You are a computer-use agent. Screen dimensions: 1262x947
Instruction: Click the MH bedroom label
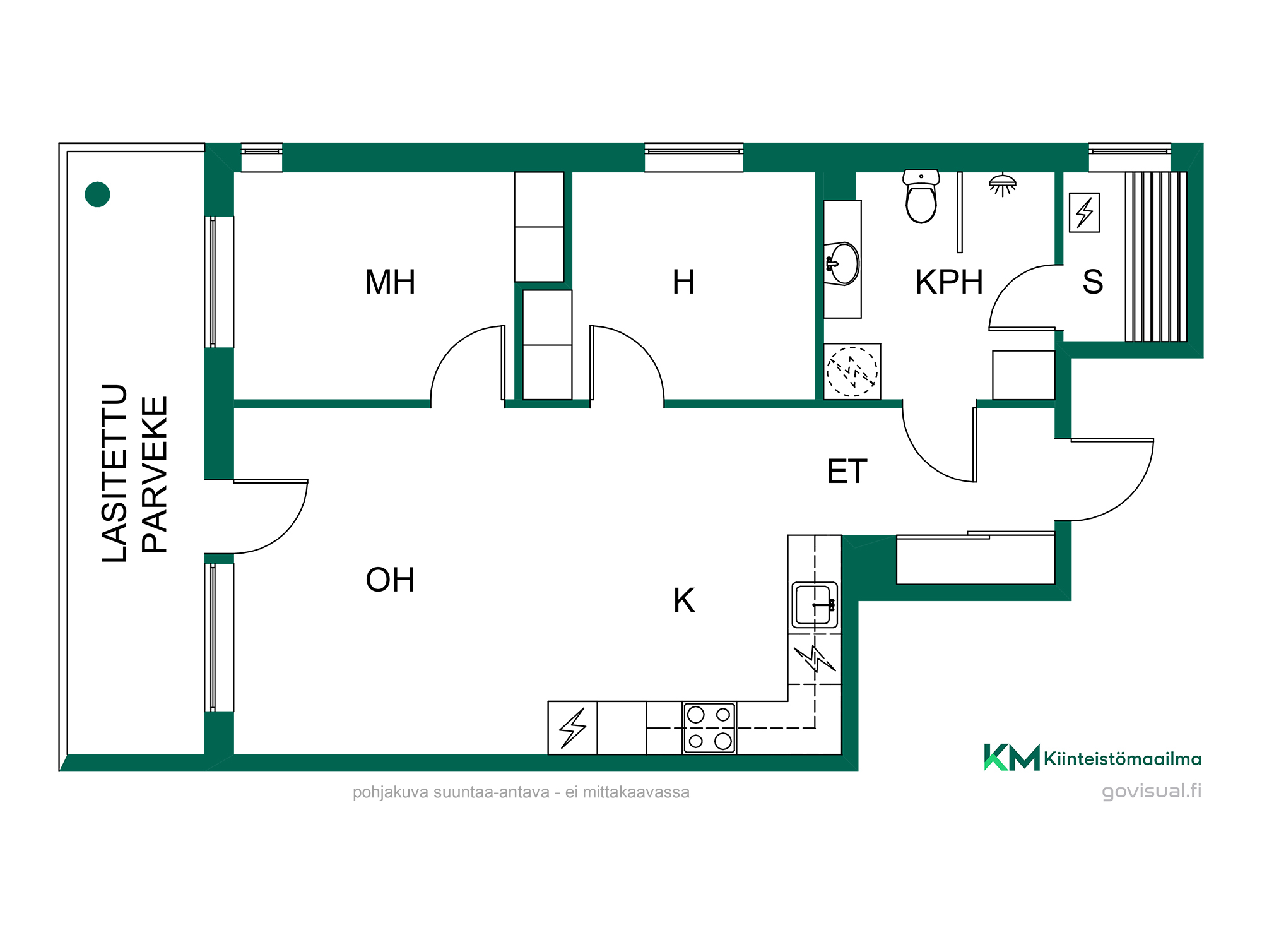click(390, 282)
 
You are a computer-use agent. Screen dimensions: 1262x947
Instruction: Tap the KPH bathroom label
click(949, 282)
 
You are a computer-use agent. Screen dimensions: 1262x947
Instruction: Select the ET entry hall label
click(847, 471)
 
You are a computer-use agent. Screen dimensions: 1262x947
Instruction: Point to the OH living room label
click(390, 580)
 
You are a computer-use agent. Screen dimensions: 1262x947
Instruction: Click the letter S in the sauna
click(1093, 282)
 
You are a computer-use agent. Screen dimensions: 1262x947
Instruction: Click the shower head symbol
click(1003, 185)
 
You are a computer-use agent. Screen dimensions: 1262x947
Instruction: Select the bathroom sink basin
click(842, 264)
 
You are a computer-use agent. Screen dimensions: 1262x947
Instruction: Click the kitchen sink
click(815, 605)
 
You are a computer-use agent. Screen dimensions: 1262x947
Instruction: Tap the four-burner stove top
click(709, 728)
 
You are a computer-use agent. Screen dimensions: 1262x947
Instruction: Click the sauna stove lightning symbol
click(1085, 212)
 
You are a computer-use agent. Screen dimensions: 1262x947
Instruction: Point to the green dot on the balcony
click(97, 194)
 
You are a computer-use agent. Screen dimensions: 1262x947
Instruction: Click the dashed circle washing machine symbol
click(852, 371)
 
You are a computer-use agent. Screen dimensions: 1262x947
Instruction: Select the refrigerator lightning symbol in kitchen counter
click(573, 728)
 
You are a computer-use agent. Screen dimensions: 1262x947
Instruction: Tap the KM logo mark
click(1011, 757)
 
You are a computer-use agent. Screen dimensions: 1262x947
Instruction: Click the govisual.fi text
click(1152, 791)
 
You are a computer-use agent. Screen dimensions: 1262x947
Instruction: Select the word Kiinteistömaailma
click(1123, 758)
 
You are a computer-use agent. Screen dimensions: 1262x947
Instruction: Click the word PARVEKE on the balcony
click(155, 475)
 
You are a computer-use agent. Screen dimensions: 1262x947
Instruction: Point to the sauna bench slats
click(1156, 256)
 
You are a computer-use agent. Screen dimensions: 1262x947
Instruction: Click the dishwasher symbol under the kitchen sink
click(815, 659)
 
